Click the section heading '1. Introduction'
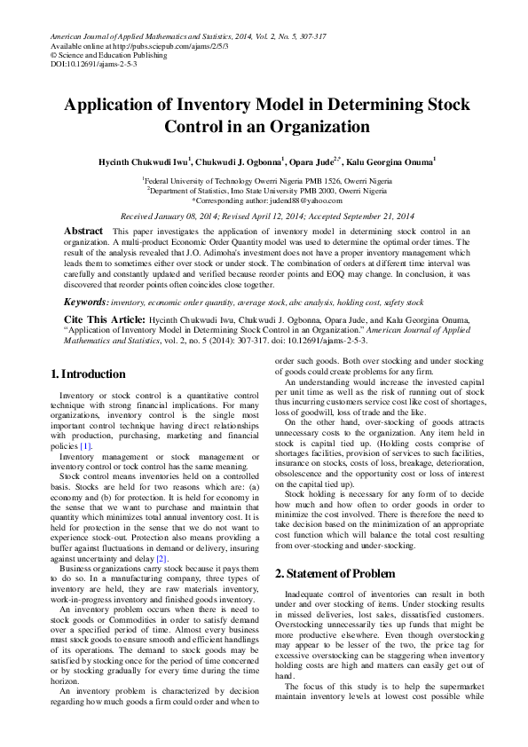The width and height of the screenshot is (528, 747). click(x=89, y=373)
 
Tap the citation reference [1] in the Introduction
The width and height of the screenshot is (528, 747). click(x=85, y=446)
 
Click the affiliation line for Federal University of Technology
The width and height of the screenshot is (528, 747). click(x=264, y=180)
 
